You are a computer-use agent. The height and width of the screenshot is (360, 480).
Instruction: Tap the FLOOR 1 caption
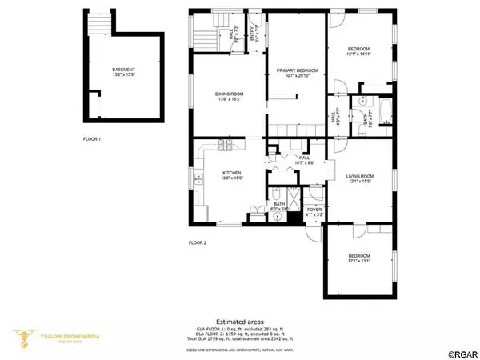coord(93,138)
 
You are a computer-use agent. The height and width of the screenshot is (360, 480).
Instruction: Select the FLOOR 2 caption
coord(198,242)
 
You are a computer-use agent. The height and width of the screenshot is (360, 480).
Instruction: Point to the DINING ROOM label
coord(229,96)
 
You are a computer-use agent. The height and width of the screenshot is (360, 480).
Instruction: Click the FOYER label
coord(314,210)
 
